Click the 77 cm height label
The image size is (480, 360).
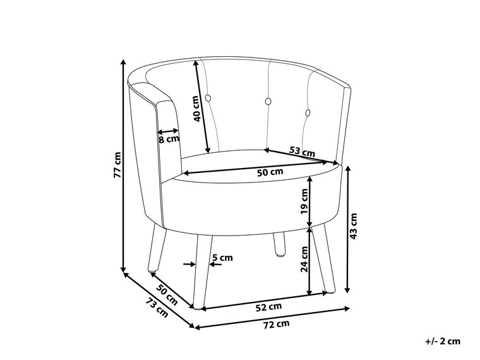point(117,165)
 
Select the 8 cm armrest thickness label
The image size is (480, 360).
point(169,140)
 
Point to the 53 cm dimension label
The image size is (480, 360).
point(302,151)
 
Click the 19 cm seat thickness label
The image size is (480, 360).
point(304,201)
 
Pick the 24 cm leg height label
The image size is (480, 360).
point(304,259)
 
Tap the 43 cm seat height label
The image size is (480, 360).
point(353,227)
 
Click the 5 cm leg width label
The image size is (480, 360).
point(222,258)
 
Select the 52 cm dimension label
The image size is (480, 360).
point(268,306)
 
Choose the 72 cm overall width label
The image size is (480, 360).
point(277,324)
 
